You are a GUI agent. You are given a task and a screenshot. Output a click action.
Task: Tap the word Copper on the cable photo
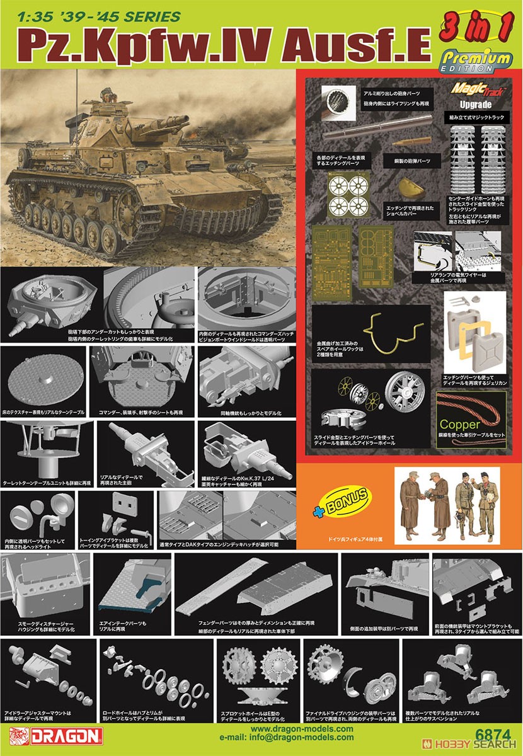tap(478, 424)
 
